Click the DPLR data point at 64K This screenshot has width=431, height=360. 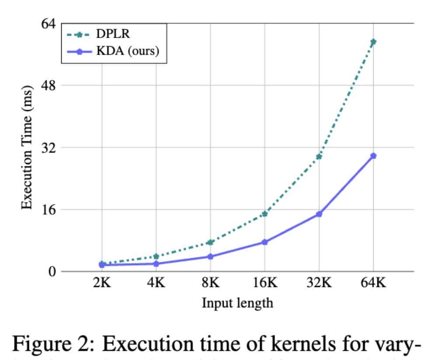pos(373,42)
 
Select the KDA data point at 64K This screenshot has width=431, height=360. pos(373,156)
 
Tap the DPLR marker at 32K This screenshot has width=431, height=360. pos(319,156)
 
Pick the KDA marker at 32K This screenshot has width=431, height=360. pos(319,214)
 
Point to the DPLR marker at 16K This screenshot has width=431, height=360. pos(264,214)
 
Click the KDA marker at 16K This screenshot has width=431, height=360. pos(264,242)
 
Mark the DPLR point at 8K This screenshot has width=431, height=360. pos(210,242)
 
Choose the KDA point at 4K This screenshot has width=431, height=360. pos(156,263)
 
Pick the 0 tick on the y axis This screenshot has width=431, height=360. pos(52,271)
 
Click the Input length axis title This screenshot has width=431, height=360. pos(237,302)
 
